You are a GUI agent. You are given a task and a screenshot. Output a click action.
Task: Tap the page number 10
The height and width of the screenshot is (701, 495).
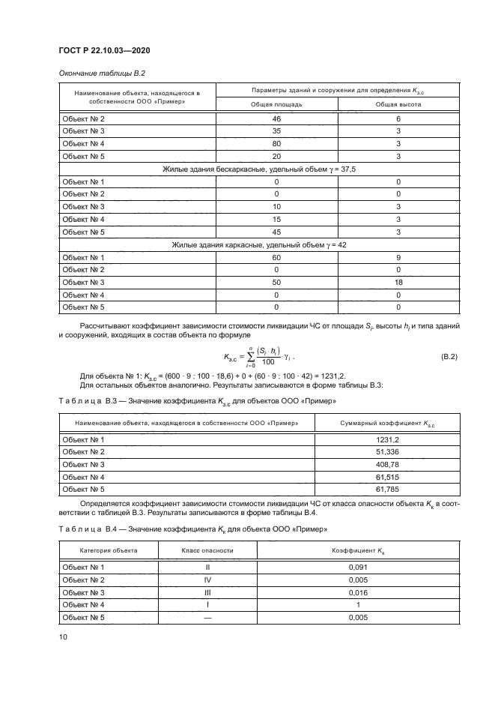[x=63, y=637]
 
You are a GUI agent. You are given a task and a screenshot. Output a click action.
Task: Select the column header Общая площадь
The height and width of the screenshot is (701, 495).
[x=276, y=104]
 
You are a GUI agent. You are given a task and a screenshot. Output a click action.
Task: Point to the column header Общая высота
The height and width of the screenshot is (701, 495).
[x=398, y=104]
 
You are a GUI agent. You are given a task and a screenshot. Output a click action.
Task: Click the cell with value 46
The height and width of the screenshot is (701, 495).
[x=276, y=119]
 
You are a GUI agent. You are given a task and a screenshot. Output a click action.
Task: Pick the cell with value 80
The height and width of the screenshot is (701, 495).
[x=276, y=143]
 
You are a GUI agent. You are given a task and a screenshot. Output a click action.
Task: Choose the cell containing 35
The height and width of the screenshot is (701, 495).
[x=276, y=131]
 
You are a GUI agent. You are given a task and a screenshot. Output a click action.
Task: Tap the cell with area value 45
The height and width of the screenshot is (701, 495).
[x=276, y=232]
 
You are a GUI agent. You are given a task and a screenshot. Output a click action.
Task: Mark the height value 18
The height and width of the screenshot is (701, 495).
[x=398, y=282]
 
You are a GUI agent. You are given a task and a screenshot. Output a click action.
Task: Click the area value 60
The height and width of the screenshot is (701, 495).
[x=276, y=257]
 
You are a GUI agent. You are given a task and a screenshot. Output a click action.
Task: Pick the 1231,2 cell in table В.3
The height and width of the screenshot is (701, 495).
[x=375, y=439]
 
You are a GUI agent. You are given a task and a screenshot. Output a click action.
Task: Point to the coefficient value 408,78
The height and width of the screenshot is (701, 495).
[x=375, y=464]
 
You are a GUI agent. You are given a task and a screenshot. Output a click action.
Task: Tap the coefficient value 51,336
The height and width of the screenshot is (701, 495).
[x=375, y=452]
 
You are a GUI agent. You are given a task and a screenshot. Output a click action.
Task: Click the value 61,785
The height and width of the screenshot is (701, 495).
[x=375, y=489]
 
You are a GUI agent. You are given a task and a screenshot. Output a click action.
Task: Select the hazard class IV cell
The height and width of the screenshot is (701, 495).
[x=207, y=580]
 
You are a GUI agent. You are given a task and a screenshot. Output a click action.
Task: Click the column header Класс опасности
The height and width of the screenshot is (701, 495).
[x=207, y=550]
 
